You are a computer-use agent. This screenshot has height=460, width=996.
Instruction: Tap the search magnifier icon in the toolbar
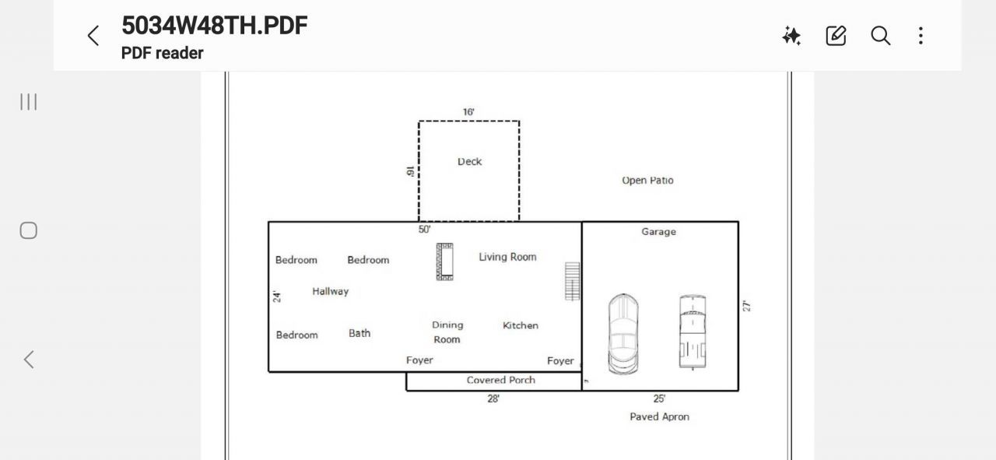tap(880, 36)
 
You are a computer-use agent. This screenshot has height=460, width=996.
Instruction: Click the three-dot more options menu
tap(921, 36)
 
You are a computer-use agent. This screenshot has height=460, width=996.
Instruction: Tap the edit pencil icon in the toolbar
tap(836, 36)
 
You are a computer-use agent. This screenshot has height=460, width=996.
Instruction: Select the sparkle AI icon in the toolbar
tap(791, 36)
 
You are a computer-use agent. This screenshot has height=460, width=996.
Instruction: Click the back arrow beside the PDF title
tap(93, 36)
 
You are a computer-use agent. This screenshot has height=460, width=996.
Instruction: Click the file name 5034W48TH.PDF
tap(214, 26)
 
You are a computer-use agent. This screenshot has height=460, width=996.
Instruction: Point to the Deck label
tap(469, 161)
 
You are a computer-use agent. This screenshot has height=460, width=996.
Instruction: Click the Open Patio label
tap(647, 181)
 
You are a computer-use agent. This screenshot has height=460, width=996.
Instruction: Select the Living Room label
tap(507, 257)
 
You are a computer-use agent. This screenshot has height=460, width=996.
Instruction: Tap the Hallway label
tap(331, 291)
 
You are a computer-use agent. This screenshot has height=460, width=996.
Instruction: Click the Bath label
tap(359, 333)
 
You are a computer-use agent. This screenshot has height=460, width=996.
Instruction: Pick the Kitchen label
tap(521, 325)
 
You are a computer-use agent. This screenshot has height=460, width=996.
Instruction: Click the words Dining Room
tap(447, 332)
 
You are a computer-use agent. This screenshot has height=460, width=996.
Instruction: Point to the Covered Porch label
tap(500, 380)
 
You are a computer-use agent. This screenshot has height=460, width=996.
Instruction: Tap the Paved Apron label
tap(659, 417)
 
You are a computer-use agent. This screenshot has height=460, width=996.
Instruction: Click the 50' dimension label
tap(424, 230)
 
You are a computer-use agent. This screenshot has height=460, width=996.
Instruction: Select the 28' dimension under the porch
tap(493, 399)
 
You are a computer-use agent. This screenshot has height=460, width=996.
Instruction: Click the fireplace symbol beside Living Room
tap(444, 262)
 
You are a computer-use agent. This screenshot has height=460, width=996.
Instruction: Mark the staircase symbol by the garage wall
tap(572, 281)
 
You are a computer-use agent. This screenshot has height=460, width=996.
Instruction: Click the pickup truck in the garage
tap(693, 332)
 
